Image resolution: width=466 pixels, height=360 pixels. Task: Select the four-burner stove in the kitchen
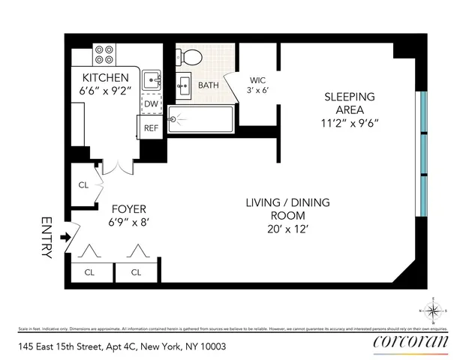pyautogui.click(x=104, y=55)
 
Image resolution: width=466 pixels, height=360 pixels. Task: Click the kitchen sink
pyautogui.click(x=152, y=79)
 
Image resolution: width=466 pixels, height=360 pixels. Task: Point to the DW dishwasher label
pyautogui.click(x=151, y=104)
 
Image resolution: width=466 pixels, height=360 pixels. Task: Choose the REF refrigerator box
pyautogui.click(x=151, y=127)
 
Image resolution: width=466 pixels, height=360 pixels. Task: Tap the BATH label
pyautogui.click(x=209, y=85)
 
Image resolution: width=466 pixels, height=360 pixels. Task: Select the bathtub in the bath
pyautogui.click(x=201, y=118)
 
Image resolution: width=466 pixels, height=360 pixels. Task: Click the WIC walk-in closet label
pyautogui.click(x=257, y=80)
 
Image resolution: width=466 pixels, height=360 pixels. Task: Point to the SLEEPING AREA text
pyautogui.click(x=349, y=103)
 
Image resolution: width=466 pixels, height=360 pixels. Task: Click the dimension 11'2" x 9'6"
pyautogui.click(x=349, y=123)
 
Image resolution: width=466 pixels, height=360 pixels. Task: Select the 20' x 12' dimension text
pyautogui.click(x=288, y=229)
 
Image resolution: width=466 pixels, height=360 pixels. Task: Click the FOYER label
pyautogui.click(x=128, y=208)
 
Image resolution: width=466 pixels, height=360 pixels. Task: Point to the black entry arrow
pyautogui.click(x=65, y=238)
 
